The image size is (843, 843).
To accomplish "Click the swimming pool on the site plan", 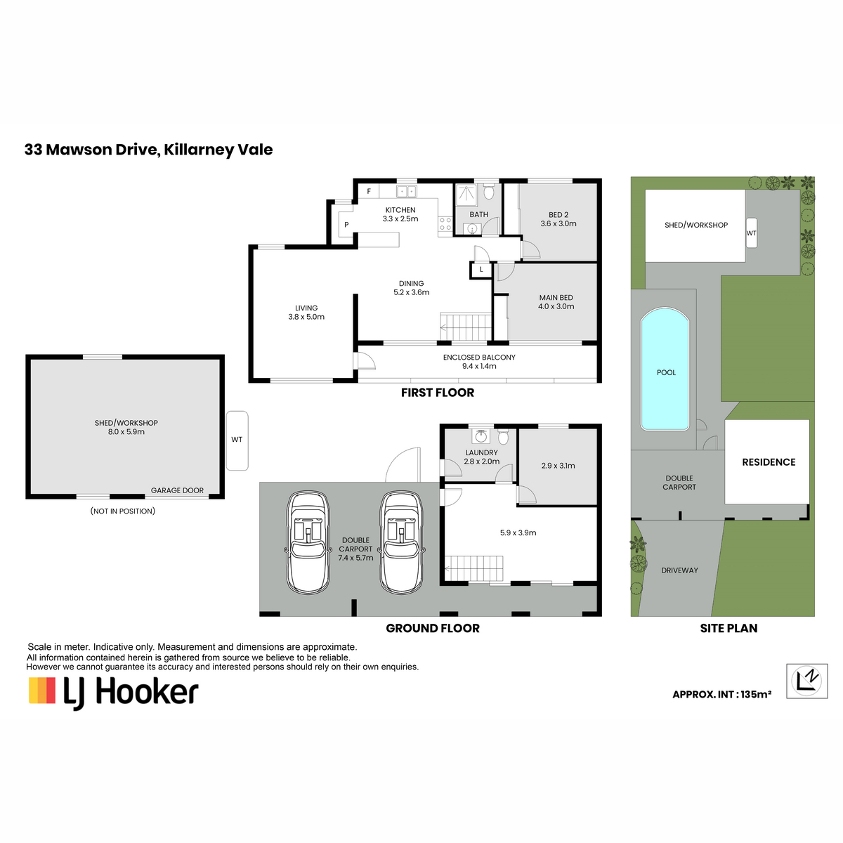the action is point(664,369).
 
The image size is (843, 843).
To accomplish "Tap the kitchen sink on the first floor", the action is point(406,191).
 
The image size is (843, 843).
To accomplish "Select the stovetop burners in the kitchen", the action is point(445,223).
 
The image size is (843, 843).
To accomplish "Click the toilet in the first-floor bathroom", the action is point(488,191).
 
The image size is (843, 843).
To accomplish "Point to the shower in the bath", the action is point(466,194).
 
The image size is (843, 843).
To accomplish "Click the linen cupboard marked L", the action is point(481,270).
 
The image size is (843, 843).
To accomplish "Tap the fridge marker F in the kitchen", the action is point(368,191).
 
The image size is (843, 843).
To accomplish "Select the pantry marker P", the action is point(346,224).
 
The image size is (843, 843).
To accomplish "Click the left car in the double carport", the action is point(307,542).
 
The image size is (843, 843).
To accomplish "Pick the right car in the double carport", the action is point(401,542).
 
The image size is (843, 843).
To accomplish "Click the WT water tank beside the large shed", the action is point(237,440).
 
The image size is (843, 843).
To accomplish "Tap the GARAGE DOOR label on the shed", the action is point(177,490).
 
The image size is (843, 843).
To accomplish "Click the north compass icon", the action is point(806,681).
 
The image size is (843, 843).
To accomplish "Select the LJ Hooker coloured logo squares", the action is point(42,691).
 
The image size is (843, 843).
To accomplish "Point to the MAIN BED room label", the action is point(556,297).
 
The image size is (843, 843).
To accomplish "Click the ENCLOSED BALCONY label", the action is point(479,357).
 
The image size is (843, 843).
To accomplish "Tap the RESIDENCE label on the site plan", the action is point(769,462).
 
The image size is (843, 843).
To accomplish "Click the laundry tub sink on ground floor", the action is point(481,436).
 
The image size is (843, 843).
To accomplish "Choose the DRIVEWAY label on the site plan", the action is point(679,570).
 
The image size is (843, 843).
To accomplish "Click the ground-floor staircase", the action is point(473,569).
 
